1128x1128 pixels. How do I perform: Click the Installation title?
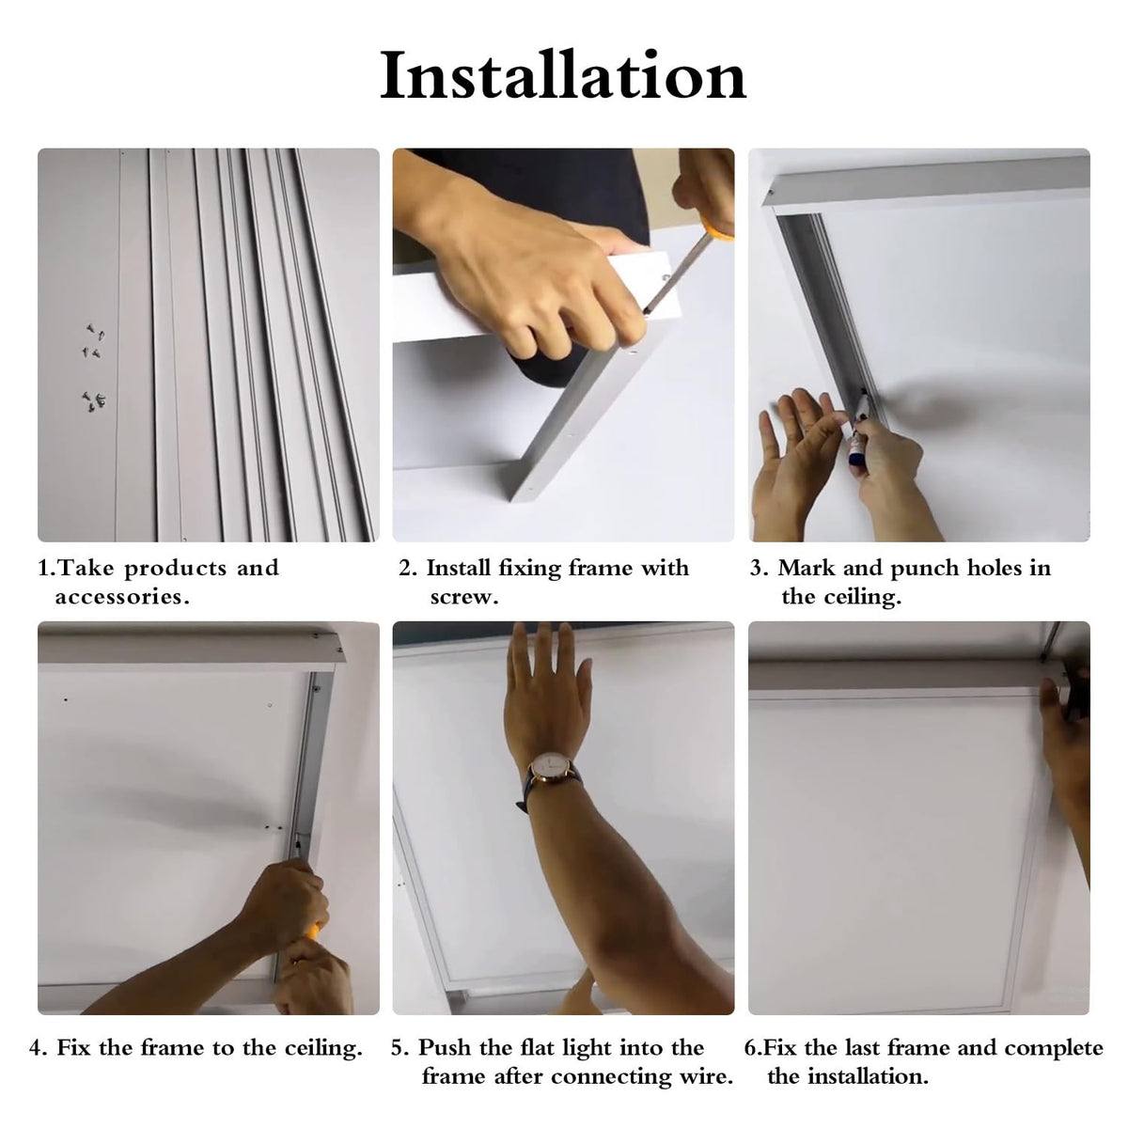[x=563, y=75]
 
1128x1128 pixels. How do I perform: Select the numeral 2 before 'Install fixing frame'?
[x=404, y=569]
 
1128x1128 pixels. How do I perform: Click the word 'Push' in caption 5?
[x=444, y=1048]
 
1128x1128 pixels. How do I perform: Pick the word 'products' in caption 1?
[x=175, y=570]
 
